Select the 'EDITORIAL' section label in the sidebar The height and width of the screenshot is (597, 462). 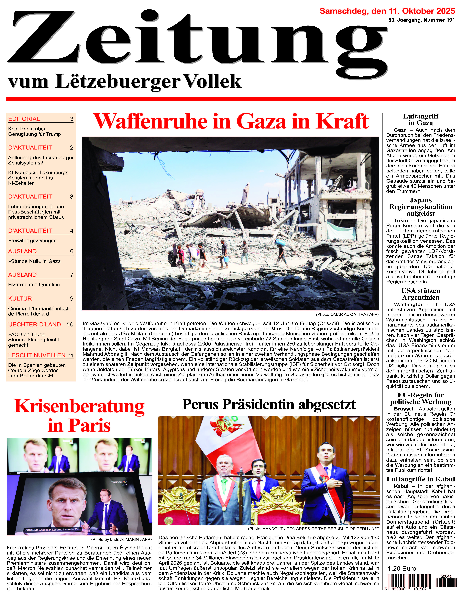tap(24, 119)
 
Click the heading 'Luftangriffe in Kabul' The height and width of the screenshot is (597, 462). tap(420, 479)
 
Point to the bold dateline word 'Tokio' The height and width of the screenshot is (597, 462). tap(401, 220)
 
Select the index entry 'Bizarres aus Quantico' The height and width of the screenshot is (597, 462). tap(34, 285)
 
